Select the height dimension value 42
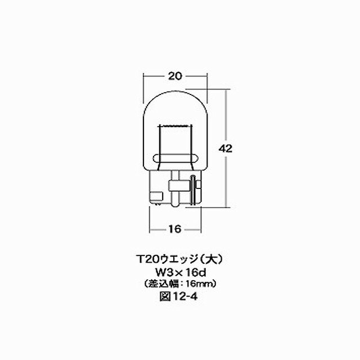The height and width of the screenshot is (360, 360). pyautogui.click(x=227, y=148)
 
